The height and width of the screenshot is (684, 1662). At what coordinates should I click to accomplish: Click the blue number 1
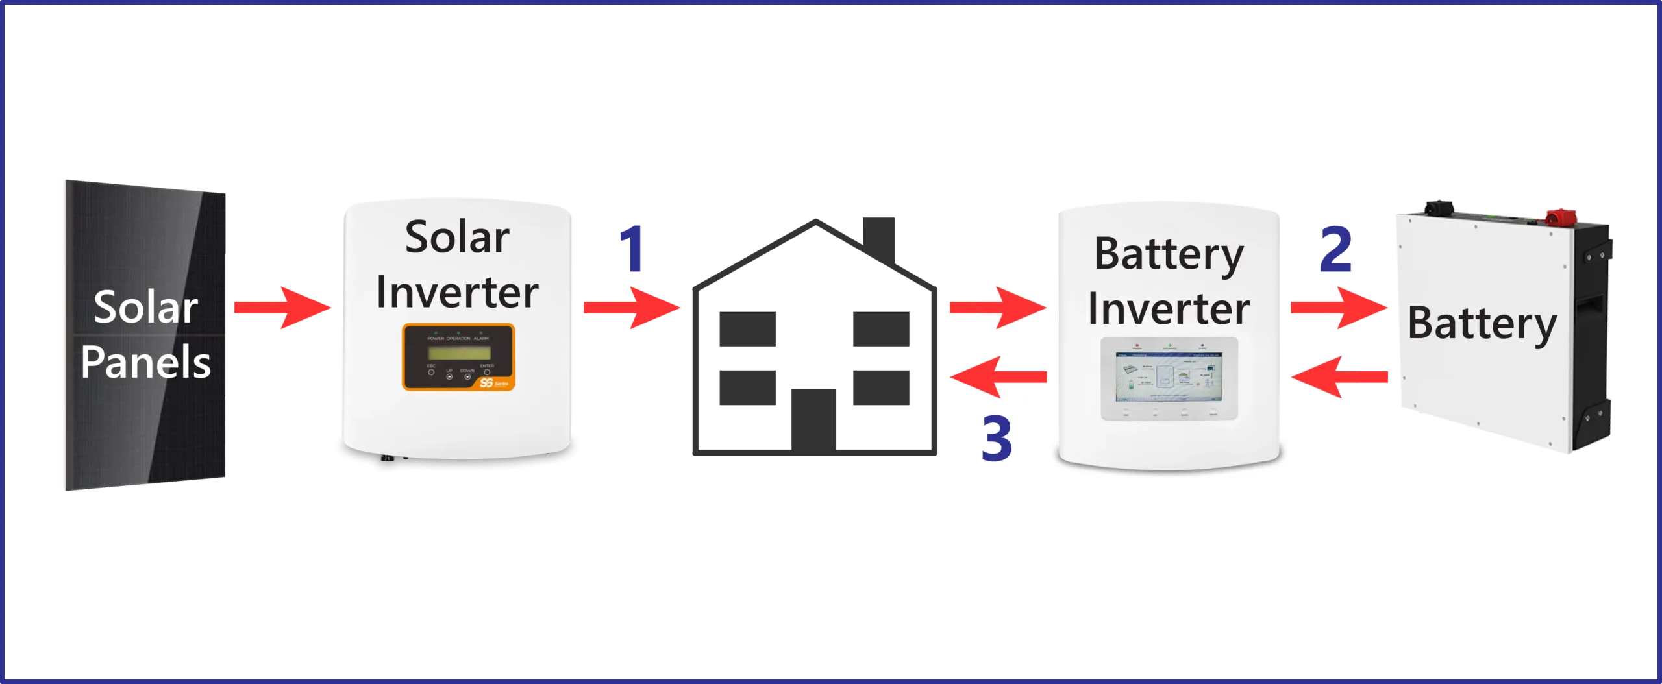pos(632,249)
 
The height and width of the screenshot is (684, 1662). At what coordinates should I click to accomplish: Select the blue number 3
pos(997,439)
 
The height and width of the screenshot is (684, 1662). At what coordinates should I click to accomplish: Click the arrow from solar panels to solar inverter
pos(283,308)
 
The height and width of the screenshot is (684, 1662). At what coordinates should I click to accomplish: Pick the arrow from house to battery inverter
pos(997,308)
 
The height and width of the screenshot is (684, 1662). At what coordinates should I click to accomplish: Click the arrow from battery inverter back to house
pos(997,376)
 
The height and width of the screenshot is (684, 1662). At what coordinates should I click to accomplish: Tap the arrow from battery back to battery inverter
pos(1341,376)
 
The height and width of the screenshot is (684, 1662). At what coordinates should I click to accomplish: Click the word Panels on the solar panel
pos(145,362)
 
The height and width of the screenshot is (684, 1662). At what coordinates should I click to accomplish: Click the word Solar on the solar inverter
pos(457,238)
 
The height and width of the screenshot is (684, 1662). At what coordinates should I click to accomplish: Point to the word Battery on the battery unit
pos(1482,324)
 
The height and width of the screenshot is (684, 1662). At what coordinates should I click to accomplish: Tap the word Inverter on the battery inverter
pos(1169,309)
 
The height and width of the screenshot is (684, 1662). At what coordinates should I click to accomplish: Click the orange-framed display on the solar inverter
pos(458,357)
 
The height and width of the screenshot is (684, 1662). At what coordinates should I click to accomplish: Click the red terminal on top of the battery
pos(1560,216)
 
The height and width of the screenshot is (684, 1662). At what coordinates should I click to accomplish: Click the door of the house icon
pos(815,415)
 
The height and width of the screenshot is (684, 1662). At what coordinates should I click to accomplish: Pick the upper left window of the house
pos(747,329)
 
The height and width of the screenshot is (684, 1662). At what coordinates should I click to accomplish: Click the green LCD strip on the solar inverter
pos(458,353)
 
